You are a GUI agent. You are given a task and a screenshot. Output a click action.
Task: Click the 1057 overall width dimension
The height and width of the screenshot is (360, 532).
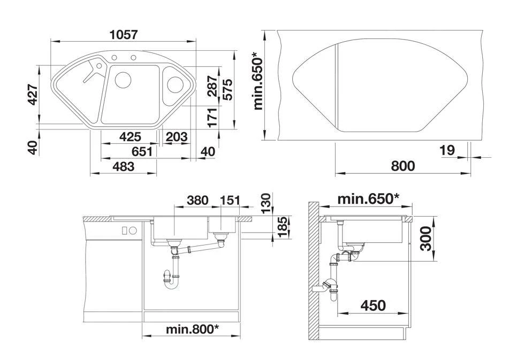124,35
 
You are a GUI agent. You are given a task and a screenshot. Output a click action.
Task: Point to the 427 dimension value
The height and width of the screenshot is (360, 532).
33,94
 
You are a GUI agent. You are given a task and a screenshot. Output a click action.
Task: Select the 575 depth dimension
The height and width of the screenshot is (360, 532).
227,89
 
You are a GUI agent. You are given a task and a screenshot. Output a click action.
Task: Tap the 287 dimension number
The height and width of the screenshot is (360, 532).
212,86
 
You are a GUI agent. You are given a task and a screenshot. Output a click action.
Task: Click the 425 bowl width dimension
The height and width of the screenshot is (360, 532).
130,136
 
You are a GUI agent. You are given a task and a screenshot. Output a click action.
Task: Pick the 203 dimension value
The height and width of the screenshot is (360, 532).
177,136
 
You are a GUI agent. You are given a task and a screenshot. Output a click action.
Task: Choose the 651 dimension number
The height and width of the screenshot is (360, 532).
142,151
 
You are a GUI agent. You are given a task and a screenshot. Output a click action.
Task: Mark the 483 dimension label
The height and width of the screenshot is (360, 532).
124,166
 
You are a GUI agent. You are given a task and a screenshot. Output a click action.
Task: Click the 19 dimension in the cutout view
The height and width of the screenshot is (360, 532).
447,150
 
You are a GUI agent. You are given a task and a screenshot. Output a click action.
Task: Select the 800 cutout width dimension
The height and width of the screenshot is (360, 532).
402,166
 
